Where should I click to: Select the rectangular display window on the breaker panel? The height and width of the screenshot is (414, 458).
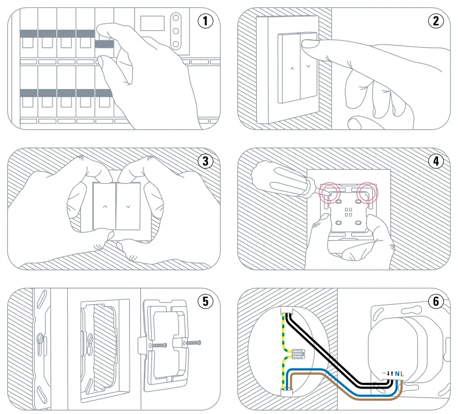pos(152,23)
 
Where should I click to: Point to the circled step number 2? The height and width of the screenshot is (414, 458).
pos(435,21)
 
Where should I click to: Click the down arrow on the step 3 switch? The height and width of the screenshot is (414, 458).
pos(128,205)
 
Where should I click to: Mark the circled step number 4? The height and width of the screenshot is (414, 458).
pos(435,161)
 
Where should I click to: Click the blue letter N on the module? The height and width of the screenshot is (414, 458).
pos(398,374)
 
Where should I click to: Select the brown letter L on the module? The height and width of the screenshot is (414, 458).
pos(403,374)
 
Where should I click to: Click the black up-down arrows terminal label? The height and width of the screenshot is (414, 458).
pos(390,374)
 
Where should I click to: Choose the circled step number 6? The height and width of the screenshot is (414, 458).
pos(435,301)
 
